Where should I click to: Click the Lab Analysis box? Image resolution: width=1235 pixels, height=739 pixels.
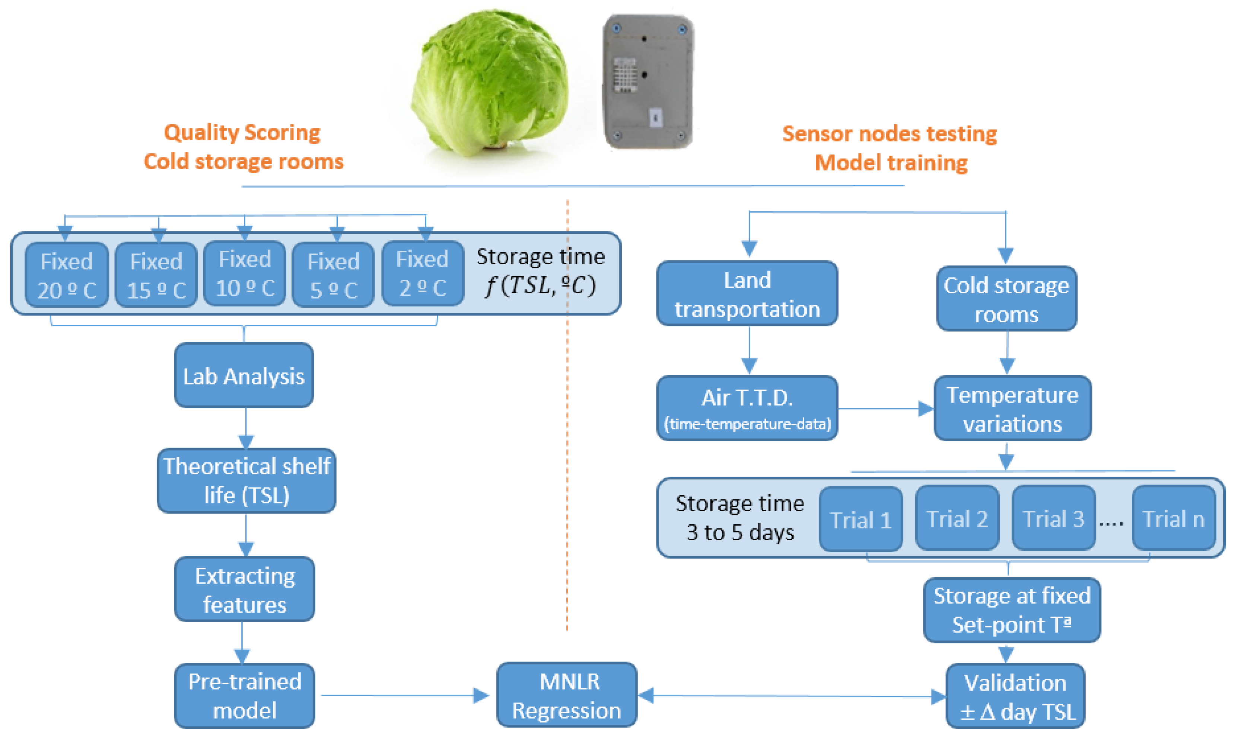(x=244, y=375)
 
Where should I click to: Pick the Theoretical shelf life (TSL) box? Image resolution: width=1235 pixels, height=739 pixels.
(x=246, y=480)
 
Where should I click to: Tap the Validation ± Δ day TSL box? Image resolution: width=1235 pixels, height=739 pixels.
(x=1015, y=696)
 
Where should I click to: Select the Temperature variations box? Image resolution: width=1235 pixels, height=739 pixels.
(x=1012, y=408)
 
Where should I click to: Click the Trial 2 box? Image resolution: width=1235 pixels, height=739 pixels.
(x=957, y=518)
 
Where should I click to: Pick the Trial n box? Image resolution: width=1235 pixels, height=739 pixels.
(x=1173, y=518)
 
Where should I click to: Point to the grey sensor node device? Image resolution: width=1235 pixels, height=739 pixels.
(x=647, y=81)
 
